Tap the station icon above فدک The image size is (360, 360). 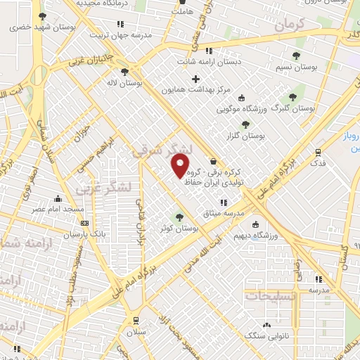pyautogui.click(x=319, y=151)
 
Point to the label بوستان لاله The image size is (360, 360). pyautogui.click(x=129, y=82)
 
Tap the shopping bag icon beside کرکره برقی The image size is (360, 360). pyautogui.click(x=213, y=161)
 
